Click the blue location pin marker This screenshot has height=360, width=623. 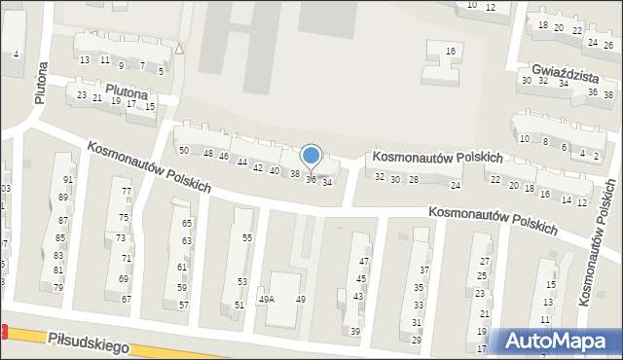pyautogui.click(x=311, y=156)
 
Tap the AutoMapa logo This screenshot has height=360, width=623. pyautogui.click(x=559, y=341)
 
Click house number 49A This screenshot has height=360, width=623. pyautogui.click(x=266, y=300)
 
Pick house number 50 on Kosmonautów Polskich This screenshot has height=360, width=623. pyautogui.click(x=183, y=151)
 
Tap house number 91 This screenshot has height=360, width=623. pyautogui.click(x=68, y=180)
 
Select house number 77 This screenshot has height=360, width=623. pyautogui.click(x=127, y=191)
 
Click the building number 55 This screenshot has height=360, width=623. pyautogui.click(x=247, y=237)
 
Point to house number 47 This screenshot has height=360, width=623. pyautogui.click(x=364, y=262)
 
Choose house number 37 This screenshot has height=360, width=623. pyautogui.click(x=423, y=270)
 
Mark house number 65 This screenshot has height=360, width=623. pyautogui.click(x=187, y=224)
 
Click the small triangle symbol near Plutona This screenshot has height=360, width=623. pyautogui.click(x=179, y=49)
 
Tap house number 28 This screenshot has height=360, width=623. pyautogui.click(x=414, y=180)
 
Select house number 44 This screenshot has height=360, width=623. pyautogui.click(x=241, y=162)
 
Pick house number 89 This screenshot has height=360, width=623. pyautogui.click(x=63, y=198)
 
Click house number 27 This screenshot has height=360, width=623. pyautogui.click(x=485, y=262)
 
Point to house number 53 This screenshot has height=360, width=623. pyautogui.click(x=241, y=281)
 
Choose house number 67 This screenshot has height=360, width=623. pyautogui.click(x=126, y=299)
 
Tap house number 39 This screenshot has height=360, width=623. pyautogui.click(x=355, y=332)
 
